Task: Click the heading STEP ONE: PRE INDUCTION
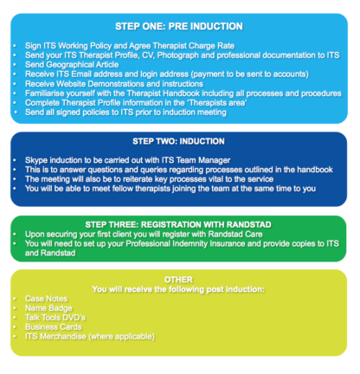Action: (x=179, y=26)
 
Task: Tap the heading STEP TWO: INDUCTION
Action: (x=178, y=141)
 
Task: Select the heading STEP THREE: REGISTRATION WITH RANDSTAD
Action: (x=178, y=224)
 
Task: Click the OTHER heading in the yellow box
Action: (x=178, y=280)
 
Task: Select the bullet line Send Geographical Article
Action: (x=72, y=65)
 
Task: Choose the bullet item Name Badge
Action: (x=48, y=308)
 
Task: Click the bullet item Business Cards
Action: (x=54, y=327)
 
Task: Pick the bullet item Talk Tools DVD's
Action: (x=55, y=318)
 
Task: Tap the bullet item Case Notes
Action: (x=46, y=299)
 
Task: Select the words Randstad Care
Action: (x=235, y=234)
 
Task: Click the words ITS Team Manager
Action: (x=196, y=160)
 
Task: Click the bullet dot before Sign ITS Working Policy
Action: (x=15, y=46)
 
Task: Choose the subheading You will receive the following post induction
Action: (x=178, y=289)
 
